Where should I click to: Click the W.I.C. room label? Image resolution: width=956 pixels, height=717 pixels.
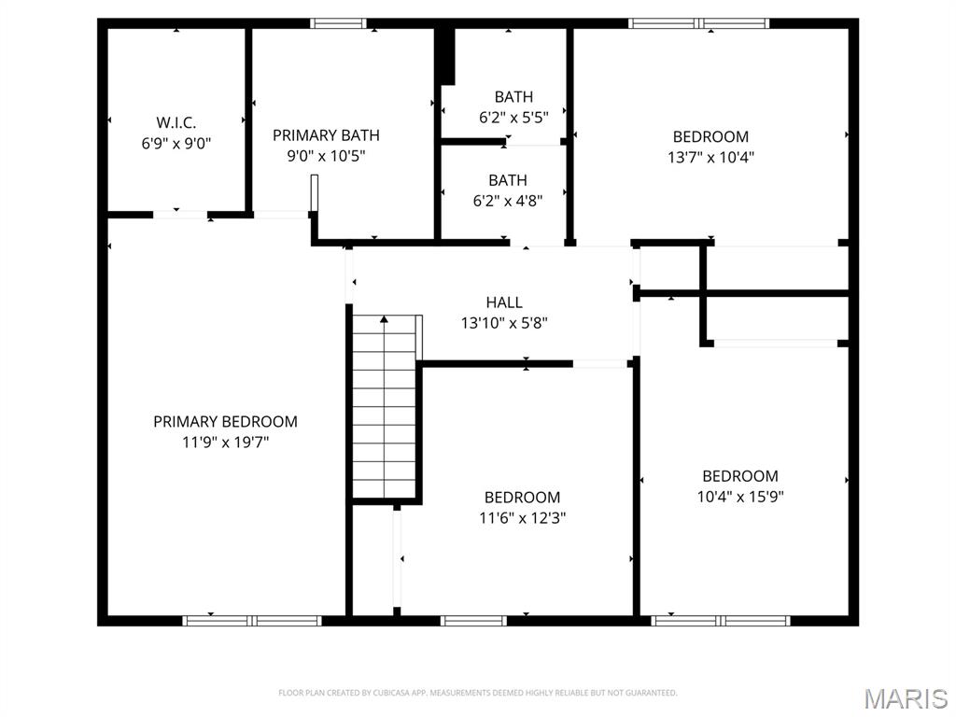176,122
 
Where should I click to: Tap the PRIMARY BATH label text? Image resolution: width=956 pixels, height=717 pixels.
326,135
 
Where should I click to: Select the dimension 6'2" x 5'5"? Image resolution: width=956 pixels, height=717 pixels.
513,118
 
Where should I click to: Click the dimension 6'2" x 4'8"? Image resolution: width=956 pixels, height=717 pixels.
507,200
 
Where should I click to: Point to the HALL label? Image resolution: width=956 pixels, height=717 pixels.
504,302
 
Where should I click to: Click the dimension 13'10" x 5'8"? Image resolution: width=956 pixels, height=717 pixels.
504,323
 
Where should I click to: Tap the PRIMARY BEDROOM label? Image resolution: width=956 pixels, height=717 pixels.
225,421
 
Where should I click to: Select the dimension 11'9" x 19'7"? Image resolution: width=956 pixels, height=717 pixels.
225,443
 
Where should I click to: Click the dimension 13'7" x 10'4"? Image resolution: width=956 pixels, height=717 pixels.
710,158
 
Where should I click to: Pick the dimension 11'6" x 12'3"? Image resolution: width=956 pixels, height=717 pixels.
523,518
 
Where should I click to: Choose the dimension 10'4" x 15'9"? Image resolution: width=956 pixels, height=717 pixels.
739,497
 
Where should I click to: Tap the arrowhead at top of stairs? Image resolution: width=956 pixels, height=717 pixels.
384,319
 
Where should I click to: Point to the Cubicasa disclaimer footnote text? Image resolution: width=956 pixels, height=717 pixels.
477,693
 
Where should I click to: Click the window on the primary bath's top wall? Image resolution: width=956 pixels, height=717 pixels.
338,23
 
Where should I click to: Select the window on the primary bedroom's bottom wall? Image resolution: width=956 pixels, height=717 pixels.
252,620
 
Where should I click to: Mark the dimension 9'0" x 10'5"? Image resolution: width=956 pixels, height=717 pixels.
326,157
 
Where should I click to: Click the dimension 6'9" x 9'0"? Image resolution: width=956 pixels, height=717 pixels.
176,144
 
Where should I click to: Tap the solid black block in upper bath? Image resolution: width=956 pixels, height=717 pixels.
446,56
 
